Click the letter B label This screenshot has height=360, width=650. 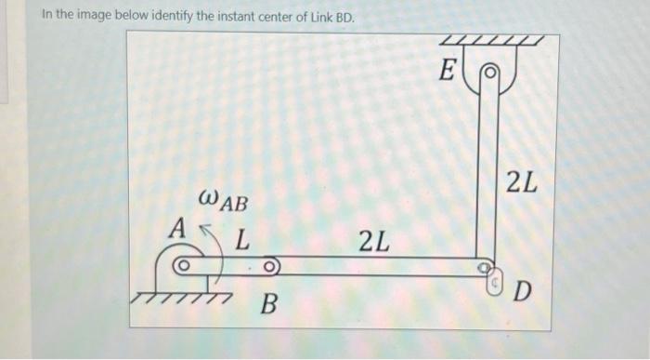pos(267,303)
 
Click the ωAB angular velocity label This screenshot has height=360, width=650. pos(223,199)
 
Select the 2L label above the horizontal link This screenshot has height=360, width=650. pos(373,244)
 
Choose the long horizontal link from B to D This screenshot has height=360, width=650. pos(371,266)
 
